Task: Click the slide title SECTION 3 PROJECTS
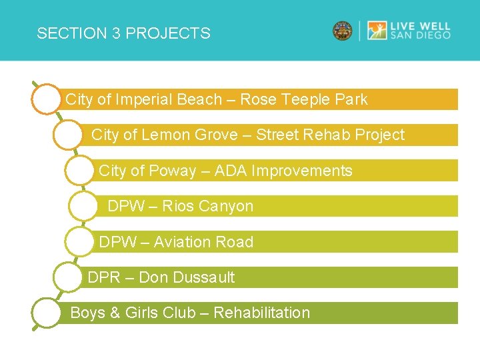(x=123, y=33)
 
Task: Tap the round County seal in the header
(x=343, y=31)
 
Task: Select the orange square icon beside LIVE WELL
(x=377, y=31)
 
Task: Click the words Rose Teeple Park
(x=303, y=99)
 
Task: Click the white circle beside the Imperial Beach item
(x=45, y=100)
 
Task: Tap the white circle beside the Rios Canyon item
(x=83, y=207)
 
